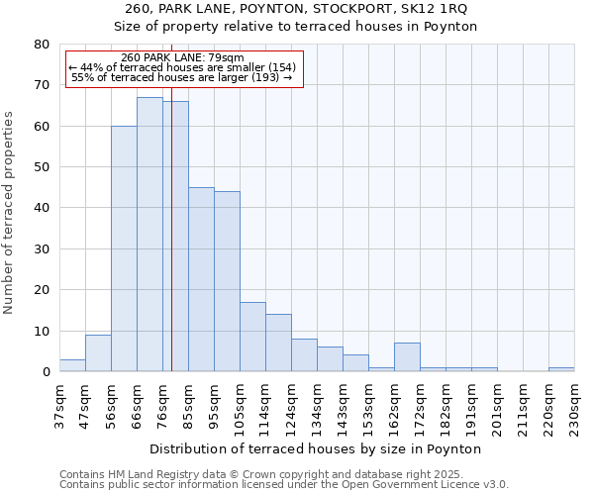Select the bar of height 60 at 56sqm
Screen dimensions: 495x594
(124, 248)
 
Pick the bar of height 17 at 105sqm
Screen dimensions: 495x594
(252, 337)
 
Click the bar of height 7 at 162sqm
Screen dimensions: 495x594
(407, 357)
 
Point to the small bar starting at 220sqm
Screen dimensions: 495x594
(561, 369)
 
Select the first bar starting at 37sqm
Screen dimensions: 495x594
(72, 365)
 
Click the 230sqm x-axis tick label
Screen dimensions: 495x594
(574, 405)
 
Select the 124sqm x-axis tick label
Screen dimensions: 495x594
(291, 405)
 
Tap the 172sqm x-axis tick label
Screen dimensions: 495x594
(420, 405)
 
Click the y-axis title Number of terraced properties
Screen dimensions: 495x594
(9, 213)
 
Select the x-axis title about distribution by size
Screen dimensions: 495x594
(315, 448)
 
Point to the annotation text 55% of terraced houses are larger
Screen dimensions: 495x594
(182, 77)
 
